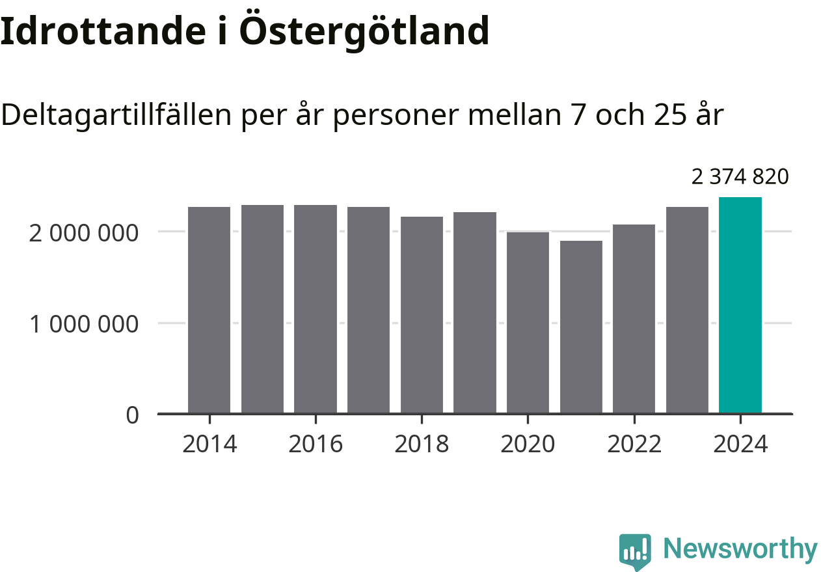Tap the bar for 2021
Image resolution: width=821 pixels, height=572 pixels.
pyautogui.click(x=581, y=327)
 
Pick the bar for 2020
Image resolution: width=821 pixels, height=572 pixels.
pyautogui.click(x=528, y=322)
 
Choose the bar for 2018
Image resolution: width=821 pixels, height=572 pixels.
pyautogui.click(x=422, y=315)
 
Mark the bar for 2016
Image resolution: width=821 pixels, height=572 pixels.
pyautogui.click(x=316, y=309)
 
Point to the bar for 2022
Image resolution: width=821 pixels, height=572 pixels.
pyautogui.click(x=634, y=319)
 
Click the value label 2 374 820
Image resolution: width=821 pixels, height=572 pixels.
pyautogui.click(x=740, y=176)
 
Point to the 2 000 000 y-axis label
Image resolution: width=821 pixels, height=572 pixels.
pyautogui.click(x=84, y=232)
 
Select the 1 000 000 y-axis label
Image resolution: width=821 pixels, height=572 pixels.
pyautogui.click(x=84, y=323)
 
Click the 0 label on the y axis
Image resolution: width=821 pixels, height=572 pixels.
pyautogui.click(x=132, y=415)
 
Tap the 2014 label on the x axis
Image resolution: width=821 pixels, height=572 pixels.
pyautogui.click(x=209, y=444)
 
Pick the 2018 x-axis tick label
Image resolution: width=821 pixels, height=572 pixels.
pyautogui.click(x=422, y=444)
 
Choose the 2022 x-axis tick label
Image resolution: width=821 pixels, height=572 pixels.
pyautogui.click(x=634, y=444)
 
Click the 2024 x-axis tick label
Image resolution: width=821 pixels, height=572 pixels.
pyautogui.click(x=740, y=444)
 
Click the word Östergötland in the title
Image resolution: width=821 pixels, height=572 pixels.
pyautogui.click(x=364, y=31)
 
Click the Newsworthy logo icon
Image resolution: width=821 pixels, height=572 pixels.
pyautogui.click(x=634, y=552)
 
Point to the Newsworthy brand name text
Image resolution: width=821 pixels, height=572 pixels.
pyautogui.click(x=740, y=550)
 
